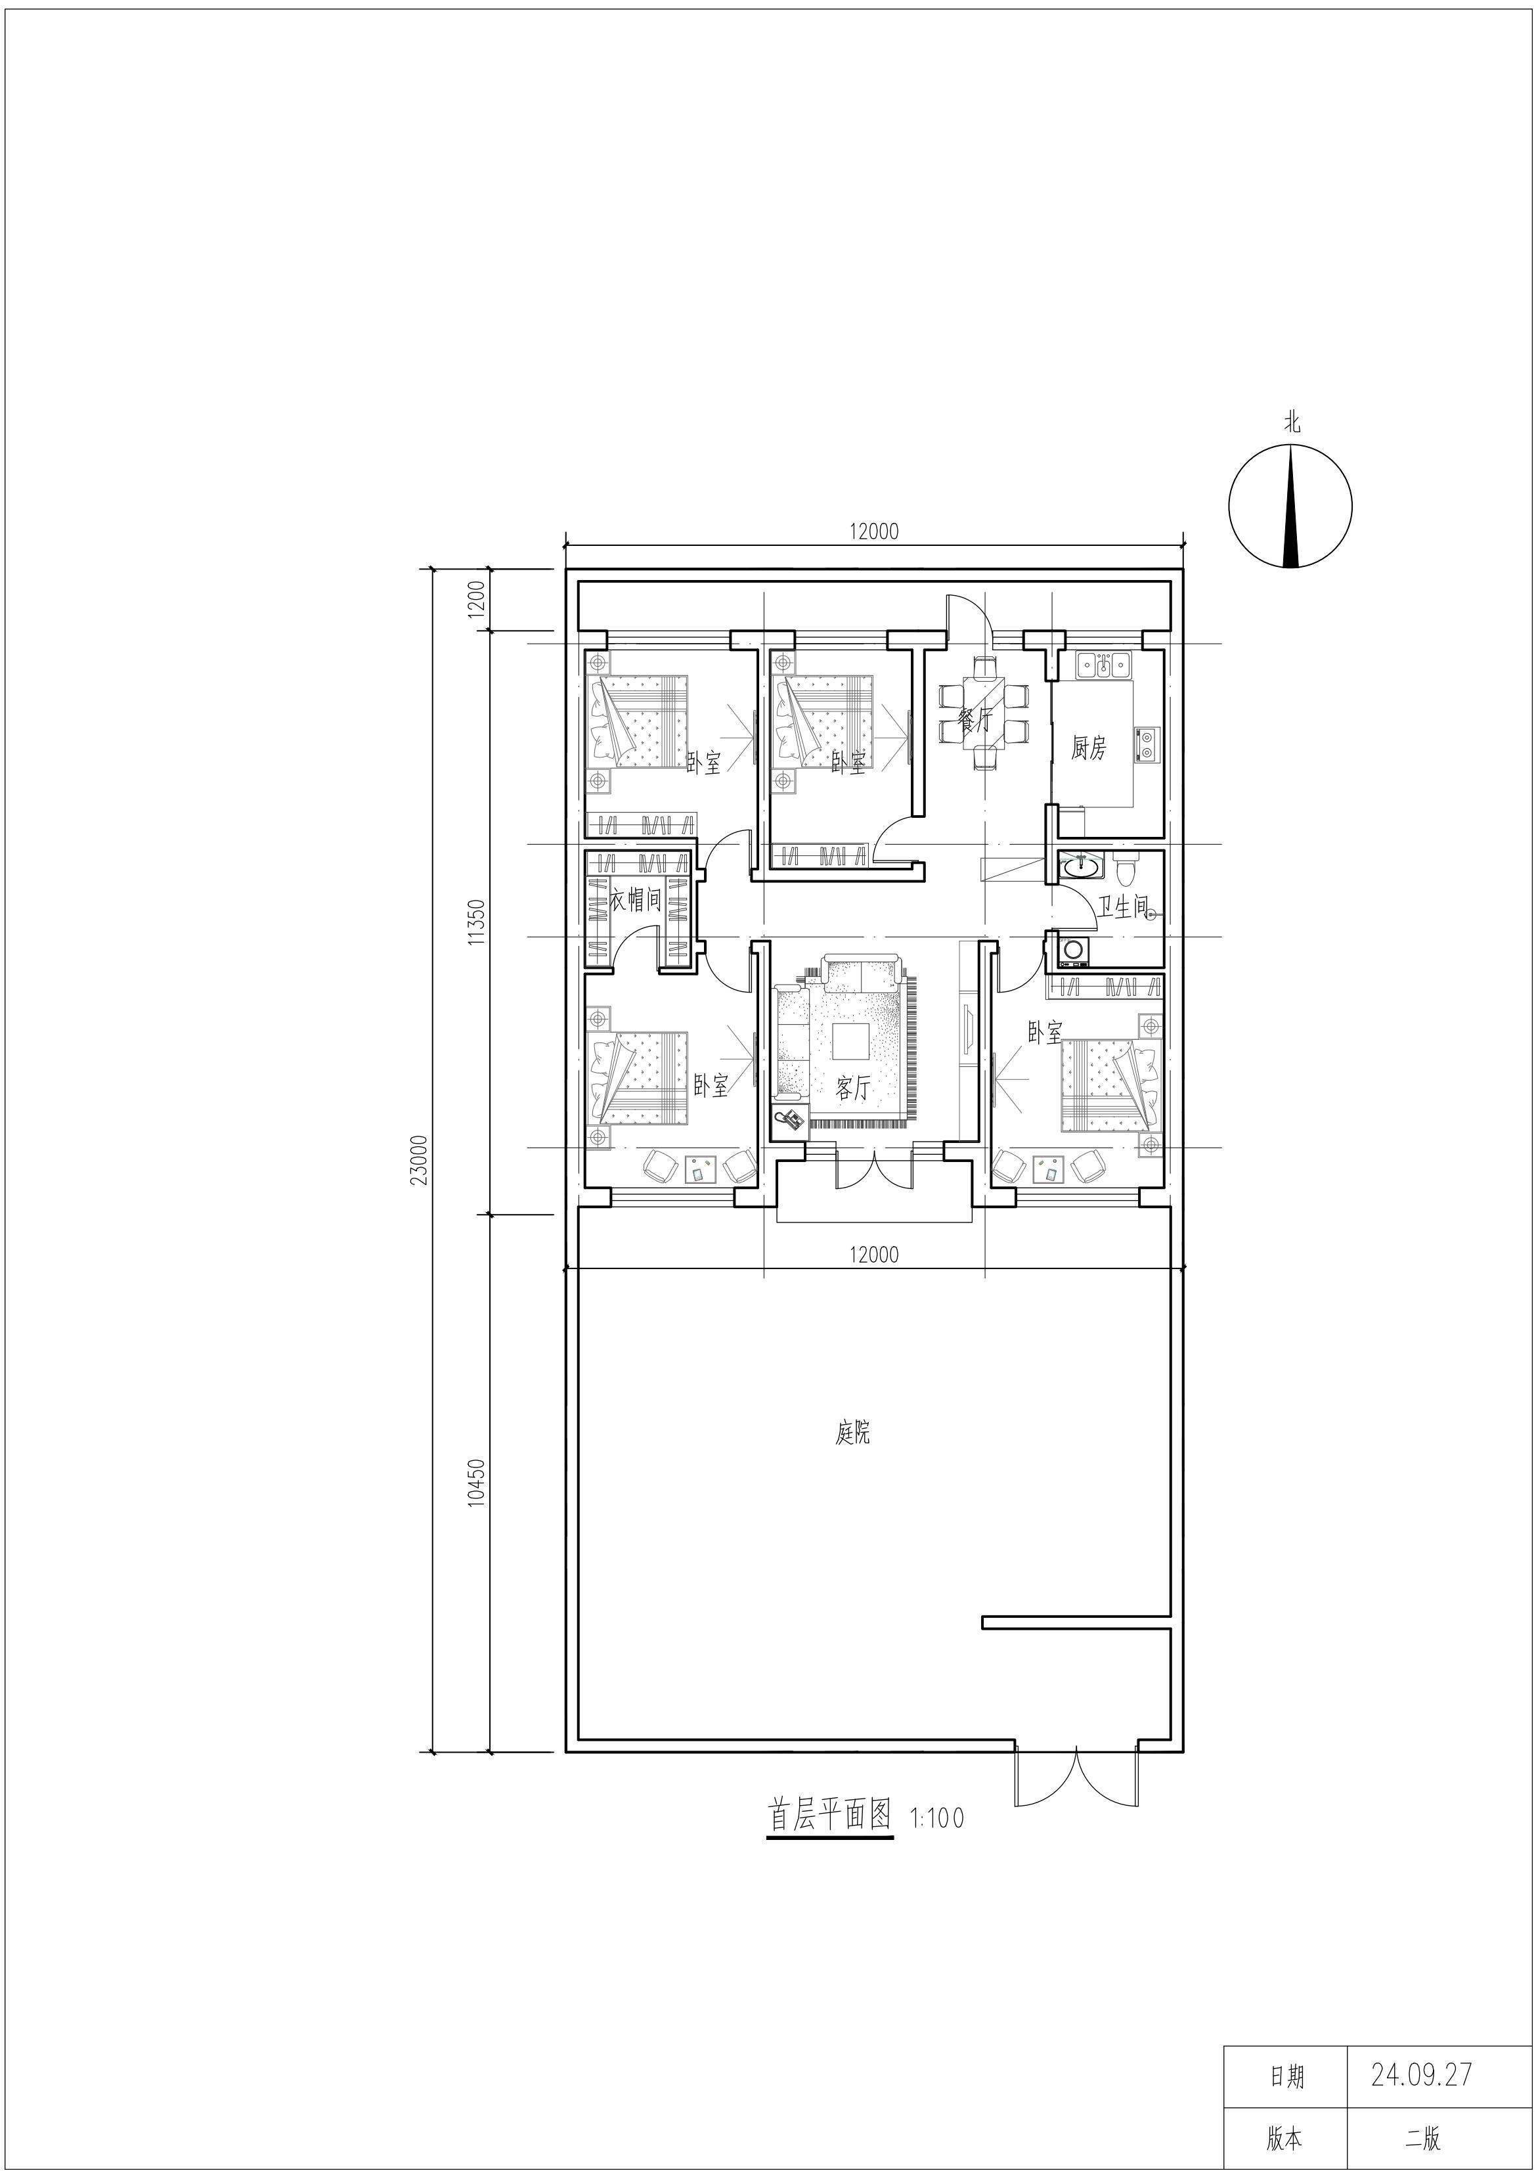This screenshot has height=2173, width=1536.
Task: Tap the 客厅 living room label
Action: coord(852,1088)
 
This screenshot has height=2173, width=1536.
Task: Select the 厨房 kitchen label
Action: coord(1088,749)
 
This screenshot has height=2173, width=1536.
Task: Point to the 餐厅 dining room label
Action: coord(974,722)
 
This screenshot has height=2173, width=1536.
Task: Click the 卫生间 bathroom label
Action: coord(1122,908)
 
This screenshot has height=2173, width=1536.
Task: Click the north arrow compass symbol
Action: coord(1291,506)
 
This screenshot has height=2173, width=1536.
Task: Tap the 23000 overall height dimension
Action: coord(422,1159)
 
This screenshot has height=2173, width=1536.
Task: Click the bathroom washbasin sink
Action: coord(1082,865)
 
